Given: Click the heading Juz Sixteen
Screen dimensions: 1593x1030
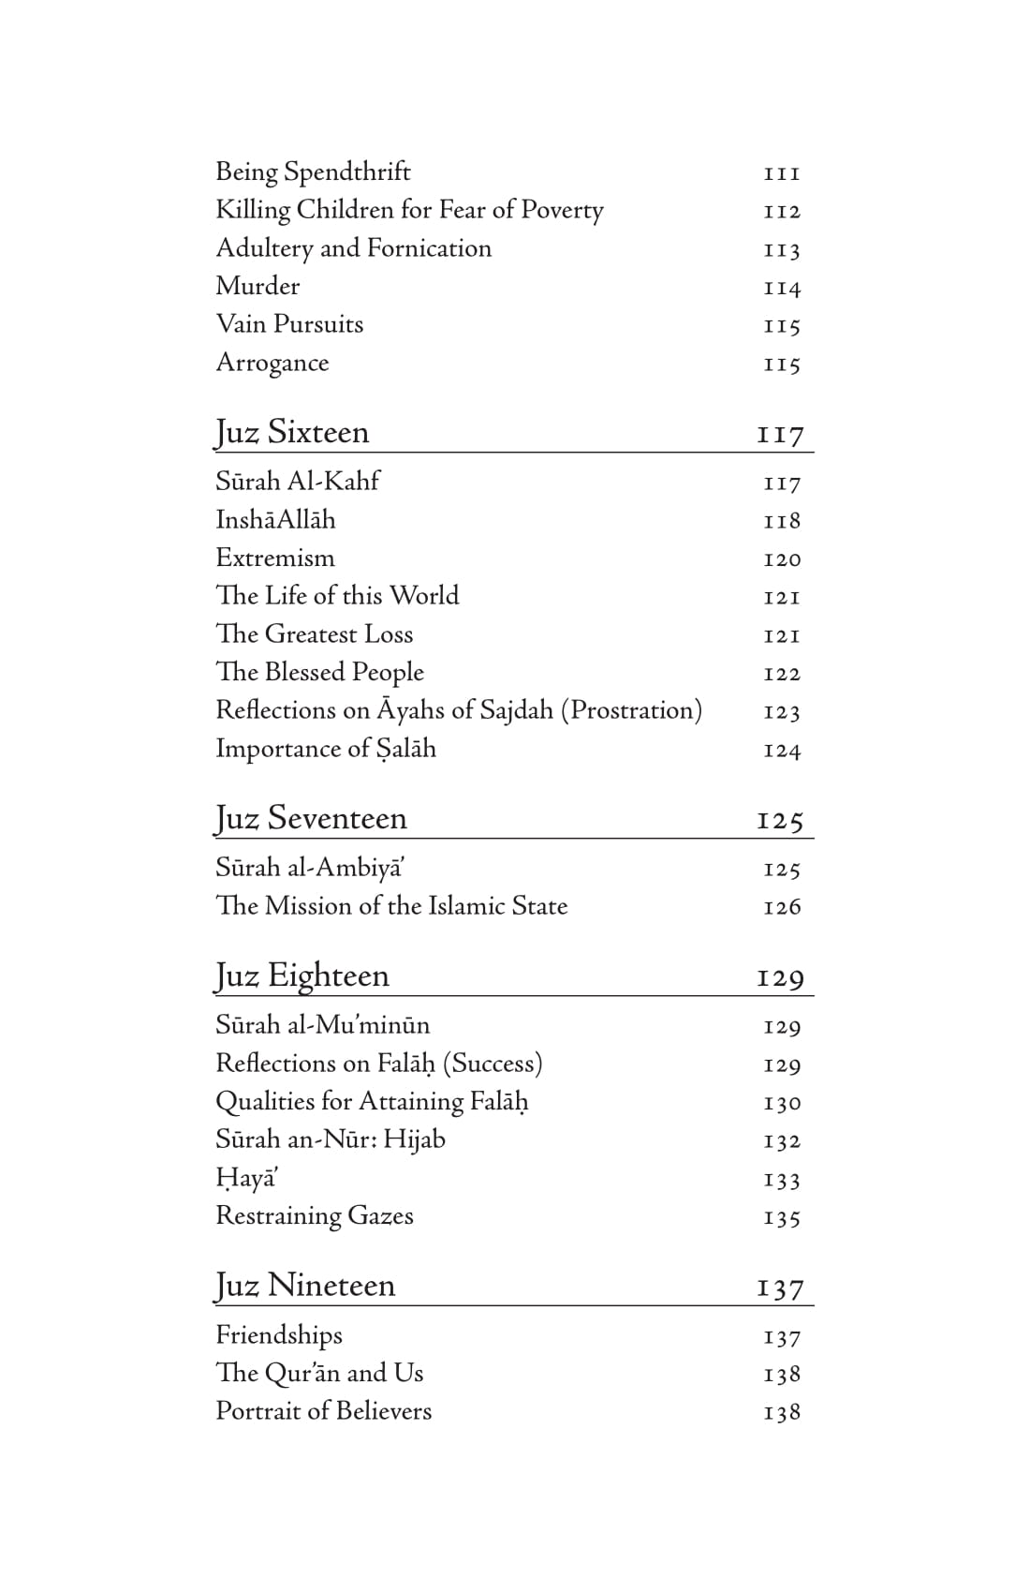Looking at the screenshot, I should coord(292,433).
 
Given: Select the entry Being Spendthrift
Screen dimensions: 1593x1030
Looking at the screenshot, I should coord(313,172).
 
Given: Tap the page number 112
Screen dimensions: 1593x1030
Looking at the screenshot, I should coord(782,212).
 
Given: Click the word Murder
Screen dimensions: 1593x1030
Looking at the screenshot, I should coord(257,286).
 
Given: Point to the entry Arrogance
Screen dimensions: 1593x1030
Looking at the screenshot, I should coord(272,363).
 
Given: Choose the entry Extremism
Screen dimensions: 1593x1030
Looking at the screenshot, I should coord(274,558).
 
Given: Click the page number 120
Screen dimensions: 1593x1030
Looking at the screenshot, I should coord(782,560).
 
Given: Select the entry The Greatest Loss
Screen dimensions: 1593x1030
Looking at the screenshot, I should coord(315,634).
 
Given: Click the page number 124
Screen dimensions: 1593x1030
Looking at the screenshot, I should coord(782,751).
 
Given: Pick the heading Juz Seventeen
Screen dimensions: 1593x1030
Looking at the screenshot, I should coord(311,819).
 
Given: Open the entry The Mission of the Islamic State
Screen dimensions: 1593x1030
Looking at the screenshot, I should coord(391,906).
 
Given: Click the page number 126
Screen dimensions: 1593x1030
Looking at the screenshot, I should coord(782,907).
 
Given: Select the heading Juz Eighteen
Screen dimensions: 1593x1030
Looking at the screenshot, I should coord(302,976).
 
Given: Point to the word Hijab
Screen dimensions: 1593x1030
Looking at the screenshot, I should coord(414,1139).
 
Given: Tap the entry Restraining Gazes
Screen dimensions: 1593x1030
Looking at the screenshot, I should coord(315,1216).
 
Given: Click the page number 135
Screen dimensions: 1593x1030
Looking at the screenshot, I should coord(782,1218).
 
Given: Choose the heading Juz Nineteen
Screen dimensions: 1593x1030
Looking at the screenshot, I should coord(305,1286).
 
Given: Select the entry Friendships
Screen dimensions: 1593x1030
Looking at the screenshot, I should coord(279,1335).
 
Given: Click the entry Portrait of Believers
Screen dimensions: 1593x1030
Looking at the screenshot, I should coord(324,1411).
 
